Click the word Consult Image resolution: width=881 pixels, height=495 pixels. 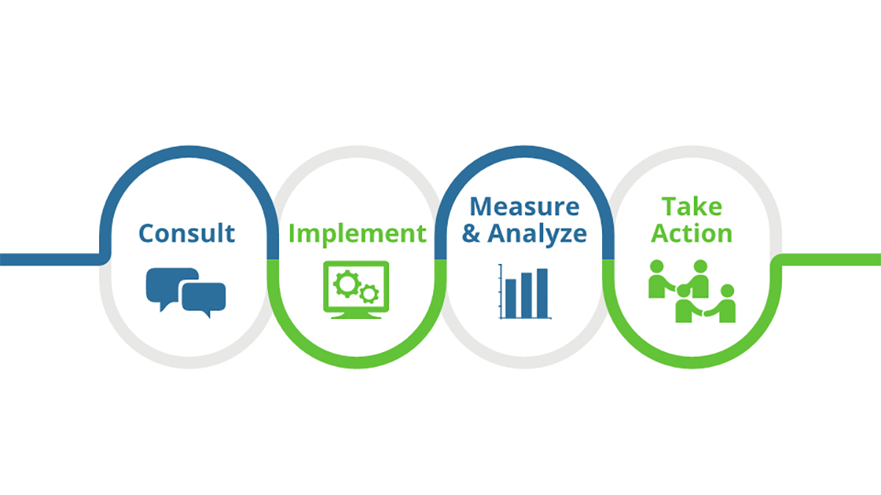click(x=186, y=233)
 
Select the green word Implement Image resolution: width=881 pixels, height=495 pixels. click(x=357, y=233)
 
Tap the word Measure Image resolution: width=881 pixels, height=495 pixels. click(x=524, y=206)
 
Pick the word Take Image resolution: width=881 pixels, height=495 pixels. click(x=692, y=206)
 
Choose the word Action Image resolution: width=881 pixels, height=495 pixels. click(x=692, y=233)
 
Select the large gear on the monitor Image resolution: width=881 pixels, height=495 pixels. click(x=345, y=282)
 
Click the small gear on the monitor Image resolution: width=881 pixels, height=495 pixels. click(x=369, y=294)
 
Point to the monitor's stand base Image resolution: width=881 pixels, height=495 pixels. click(x=357, y=316)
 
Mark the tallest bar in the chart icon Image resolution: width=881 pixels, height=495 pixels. click(x=542, y=293)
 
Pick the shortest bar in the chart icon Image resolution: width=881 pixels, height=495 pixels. click(x=511, y=298)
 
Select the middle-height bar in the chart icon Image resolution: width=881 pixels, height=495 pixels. click(x=526, y=295)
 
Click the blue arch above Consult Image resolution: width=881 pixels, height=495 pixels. click(x=186, y=151)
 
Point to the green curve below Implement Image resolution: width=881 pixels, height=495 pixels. click(x=357, y=362)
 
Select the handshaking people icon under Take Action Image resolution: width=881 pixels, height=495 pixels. click(x=692, y=291)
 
